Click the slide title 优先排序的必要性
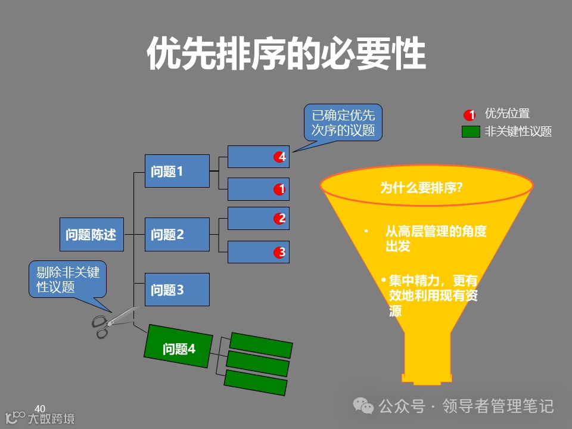click(286, 55)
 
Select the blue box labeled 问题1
click(177, 171)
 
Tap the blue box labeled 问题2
click(177, 234)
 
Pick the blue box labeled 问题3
click(177, 290)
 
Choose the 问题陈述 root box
click(91, 234)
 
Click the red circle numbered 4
click(280, 157)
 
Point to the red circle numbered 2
click(280, 219)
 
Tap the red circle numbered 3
click(280, 252)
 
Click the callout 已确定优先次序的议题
click(343, 123)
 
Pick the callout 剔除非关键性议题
click(67, 279)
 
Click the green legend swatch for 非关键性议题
click(471, 132)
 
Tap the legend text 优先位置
click(507, 113)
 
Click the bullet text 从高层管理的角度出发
click(436, 238)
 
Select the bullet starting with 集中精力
click(433, 294)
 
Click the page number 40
click(40, 408)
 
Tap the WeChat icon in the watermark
click(363, 406)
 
